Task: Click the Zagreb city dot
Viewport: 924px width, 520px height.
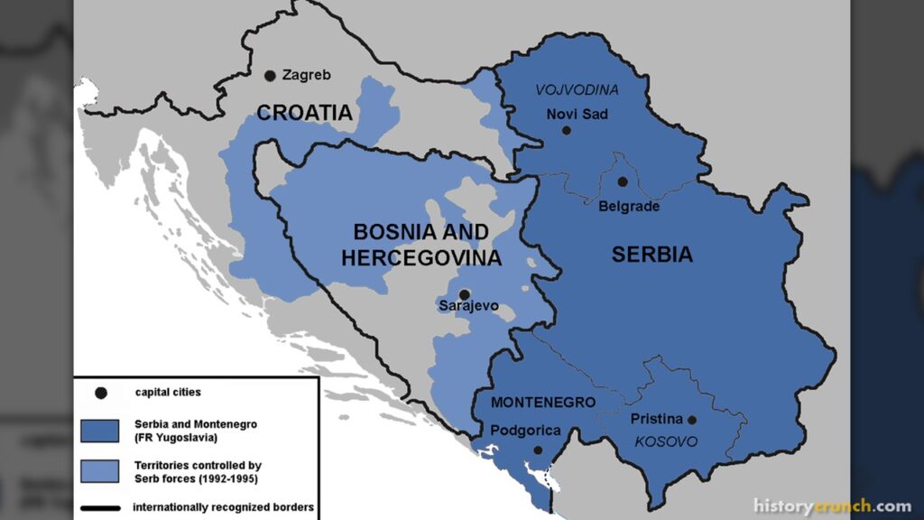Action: click(269, 77)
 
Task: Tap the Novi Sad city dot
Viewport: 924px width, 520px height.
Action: click(567, 130)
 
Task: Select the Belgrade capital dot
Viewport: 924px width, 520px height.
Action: click(623, 181)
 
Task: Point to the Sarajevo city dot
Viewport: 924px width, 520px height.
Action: click(464, 294)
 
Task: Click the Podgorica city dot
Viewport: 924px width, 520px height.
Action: click(538, 450)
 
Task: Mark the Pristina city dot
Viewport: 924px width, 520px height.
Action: click(692, 420)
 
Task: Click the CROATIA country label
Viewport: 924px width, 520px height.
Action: click(304, 113)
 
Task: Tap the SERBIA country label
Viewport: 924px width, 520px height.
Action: click(652, 255)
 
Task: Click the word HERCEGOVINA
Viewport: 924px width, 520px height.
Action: click(420, 258)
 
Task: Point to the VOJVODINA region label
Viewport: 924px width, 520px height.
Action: click(577, 90)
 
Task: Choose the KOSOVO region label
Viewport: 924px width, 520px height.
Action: click(667, 441)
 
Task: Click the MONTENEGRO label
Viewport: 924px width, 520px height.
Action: click(543, 403)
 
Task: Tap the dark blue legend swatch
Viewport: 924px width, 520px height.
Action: click(99, 429)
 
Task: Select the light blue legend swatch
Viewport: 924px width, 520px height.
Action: click(99, 470)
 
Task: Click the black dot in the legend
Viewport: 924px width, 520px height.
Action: click(101, 393)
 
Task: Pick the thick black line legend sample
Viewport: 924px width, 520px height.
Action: click(99, 508)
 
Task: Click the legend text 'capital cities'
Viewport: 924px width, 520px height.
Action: click(168, 393)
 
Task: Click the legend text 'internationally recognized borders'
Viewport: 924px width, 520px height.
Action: click(223, 508)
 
